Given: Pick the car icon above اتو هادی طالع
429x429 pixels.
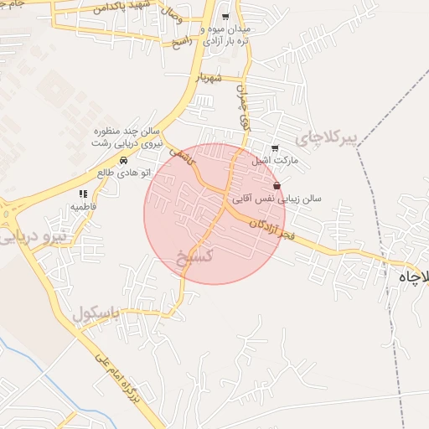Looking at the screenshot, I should [x=122, y=160].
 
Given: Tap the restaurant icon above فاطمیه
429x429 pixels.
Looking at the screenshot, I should [x=82, y=194].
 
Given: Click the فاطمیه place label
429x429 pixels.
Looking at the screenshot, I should [x=82, y=205].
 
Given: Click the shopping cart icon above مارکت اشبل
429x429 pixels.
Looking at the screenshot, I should [x=276, y=148].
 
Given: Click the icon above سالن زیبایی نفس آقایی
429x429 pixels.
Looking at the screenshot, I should [x=277, y=186].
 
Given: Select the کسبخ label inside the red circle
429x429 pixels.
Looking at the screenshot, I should [x=196, y=254].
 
